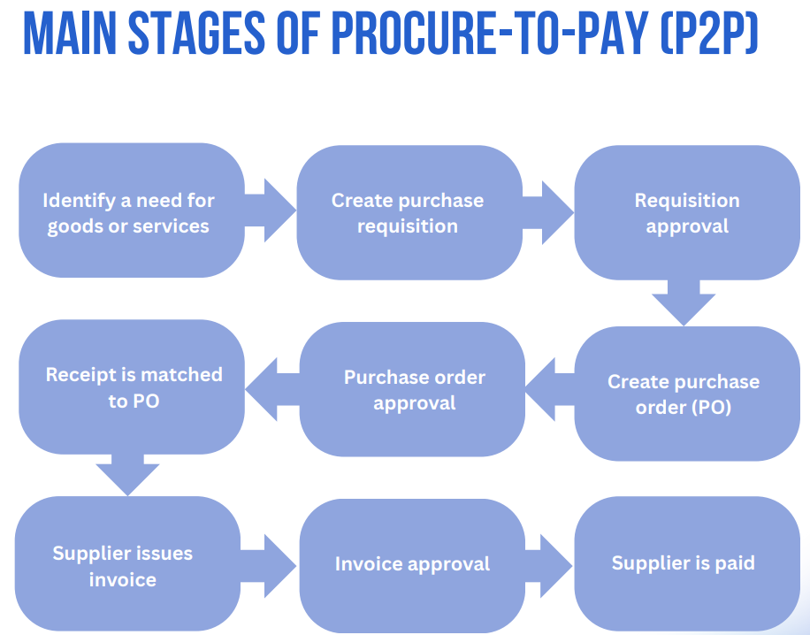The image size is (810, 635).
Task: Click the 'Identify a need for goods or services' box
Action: coord(132,210)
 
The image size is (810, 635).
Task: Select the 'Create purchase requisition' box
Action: coord(409,212)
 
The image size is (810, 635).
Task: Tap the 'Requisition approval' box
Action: coord(687,212)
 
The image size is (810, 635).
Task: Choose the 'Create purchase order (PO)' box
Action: coord(687,394)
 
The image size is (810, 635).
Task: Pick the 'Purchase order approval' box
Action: coord(412,389)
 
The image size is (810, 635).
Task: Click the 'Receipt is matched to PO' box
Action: coord(132,387)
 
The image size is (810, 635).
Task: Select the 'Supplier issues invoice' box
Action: coord(127,563)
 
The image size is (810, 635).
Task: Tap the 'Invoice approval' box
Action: coord(412,566)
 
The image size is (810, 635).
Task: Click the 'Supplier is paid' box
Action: coord(687,563)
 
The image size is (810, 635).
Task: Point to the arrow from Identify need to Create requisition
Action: coord(271,210)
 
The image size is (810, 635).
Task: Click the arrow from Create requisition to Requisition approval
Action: coord(548,212)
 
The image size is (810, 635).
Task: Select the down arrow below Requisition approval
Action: coord(684,302)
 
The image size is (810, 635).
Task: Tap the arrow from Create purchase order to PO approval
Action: coord(550,389)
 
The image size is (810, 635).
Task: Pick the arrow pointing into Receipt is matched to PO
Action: coord(272,389)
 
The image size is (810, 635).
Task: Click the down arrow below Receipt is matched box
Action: coord(127,475)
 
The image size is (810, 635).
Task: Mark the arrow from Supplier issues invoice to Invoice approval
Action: coord(269,566)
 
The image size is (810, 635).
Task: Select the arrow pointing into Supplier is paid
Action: coord(548,566)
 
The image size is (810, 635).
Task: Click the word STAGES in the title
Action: coord(196,34)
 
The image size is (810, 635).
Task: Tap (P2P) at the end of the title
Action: coord(709,34)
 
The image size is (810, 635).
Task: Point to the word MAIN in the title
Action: coord(70,34)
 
